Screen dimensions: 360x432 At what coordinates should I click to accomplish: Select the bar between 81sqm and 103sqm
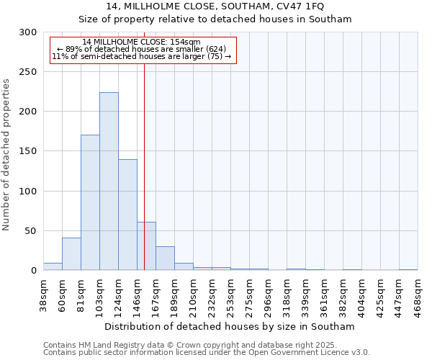(x=90, y=202)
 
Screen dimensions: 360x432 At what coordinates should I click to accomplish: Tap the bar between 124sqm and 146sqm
(x=127, y=215)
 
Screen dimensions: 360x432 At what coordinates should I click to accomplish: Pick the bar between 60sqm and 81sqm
(x=71, y=254)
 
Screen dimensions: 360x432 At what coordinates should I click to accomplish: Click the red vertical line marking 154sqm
(x=145, y=144)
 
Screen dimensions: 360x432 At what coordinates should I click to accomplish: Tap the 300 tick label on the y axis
(x=28, y=32)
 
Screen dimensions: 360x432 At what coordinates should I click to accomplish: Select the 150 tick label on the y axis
(x=28, y=152)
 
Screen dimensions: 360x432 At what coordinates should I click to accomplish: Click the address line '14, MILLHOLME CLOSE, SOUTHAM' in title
(x=215, y=6)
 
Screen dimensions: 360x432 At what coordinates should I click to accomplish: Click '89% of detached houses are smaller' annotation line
(x=141, y=49)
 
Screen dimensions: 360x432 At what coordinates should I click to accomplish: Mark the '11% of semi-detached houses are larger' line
(x=141, y=56)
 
